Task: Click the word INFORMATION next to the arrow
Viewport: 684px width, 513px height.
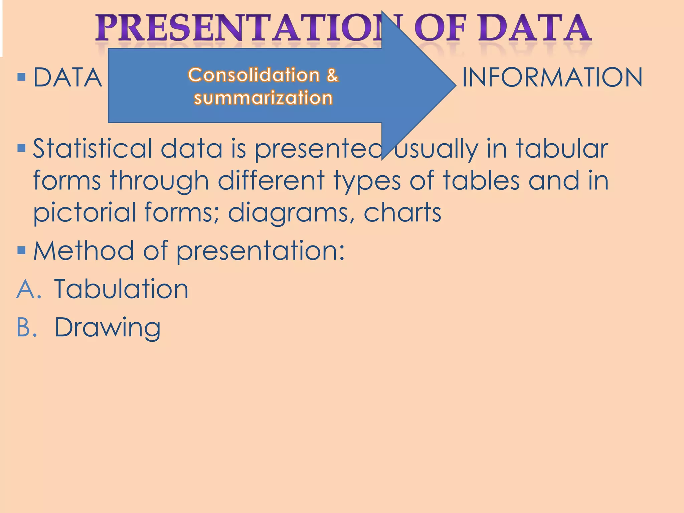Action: tap(552, 77)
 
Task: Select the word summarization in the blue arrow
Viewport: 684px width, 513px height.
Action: tap(263, 98)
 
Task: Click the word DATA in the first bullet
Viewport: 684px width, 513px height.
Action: tap(68, 77)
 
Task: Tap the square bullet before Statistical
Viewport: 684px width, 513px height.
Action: tap(21, 148)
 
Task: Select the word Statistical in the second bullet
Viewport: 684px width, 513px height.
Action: tap(92, 148)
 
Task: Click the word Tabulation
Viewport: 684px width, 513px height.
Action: tap(121, 289)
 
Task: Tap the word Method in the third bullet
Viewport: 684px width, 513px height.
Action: tap(83, 250)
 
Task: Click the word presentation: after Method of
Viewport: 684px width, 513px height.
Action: tap(261, 251)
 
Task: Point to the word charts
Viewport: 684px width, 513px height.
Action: tap(402, 212)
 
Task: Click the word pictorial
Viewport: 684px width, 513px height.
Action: tap(84, 213)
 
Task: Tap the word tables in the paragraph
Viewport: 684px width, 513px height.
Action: tap(481, 180)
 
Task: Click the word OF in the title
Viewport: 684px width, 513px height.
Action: tap(441, 28)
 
